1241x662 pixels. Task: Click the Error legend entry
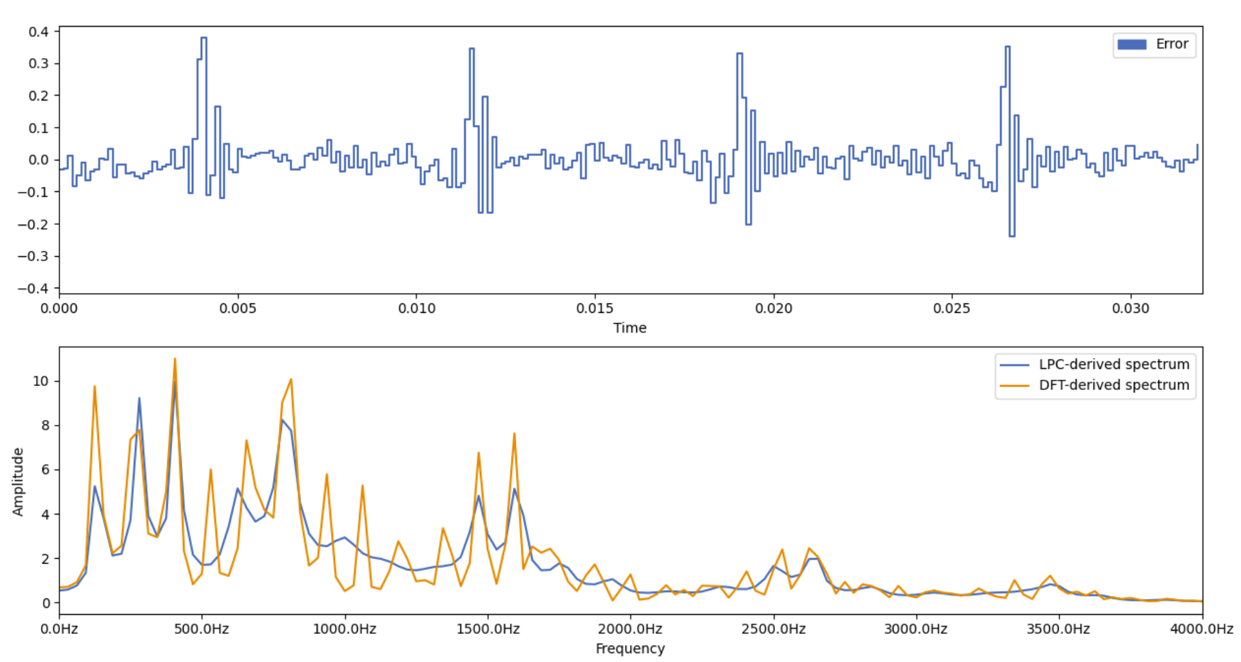1154,44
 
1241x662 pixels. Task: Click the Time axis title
629,328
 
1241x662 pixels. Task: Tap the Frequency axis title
629,648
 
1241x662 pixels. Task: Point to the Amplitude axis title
18,482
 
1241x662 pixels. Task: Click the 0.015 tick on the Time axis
595,308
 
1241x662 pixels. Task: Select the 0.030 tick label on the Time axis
1130,308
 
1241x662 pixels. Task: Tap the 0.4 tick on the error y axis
39,31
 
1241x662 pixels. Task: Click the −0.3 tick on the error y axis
34,256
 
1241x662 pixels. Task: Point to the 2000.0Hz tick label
629,629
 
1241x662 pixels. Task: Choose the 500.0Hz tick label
201,629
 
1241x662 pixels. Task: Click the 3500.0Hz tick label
1058,629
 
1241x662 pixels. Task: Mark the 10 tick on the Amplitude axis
41,381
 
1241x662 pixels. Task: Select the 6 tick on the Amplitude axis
45,470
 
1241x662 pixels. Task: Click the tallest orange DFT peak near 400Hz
175,359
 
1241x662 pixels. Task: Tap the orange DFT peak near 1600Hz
514,433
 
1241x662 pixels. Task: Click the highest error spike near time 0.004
203,38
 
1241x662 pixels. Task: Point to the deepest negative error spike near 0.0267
1012,236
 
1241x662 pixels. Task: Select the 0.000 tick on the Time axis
59,308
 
